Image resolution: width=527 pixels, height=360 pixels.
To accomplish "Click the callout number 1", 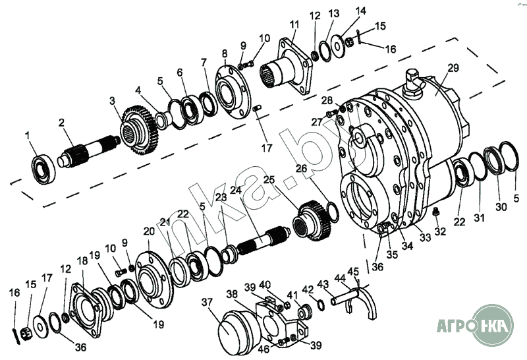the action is coord(28,136).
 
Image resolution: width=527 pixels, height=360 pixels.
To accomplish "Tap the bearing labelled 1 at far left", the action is coord(43,169).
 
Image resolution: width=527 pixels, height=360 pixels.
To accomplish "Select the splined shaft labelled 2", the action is coord(88,150).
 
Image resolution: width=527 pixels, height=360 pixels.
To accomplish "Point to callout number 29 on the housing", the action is coord(453,68).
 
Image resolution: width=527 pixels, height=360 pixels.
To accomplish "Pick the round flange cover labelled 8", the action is coord(232,92).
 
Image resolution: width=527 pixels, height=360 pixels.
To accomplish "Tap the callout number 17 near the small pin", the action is coord(267,148).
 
